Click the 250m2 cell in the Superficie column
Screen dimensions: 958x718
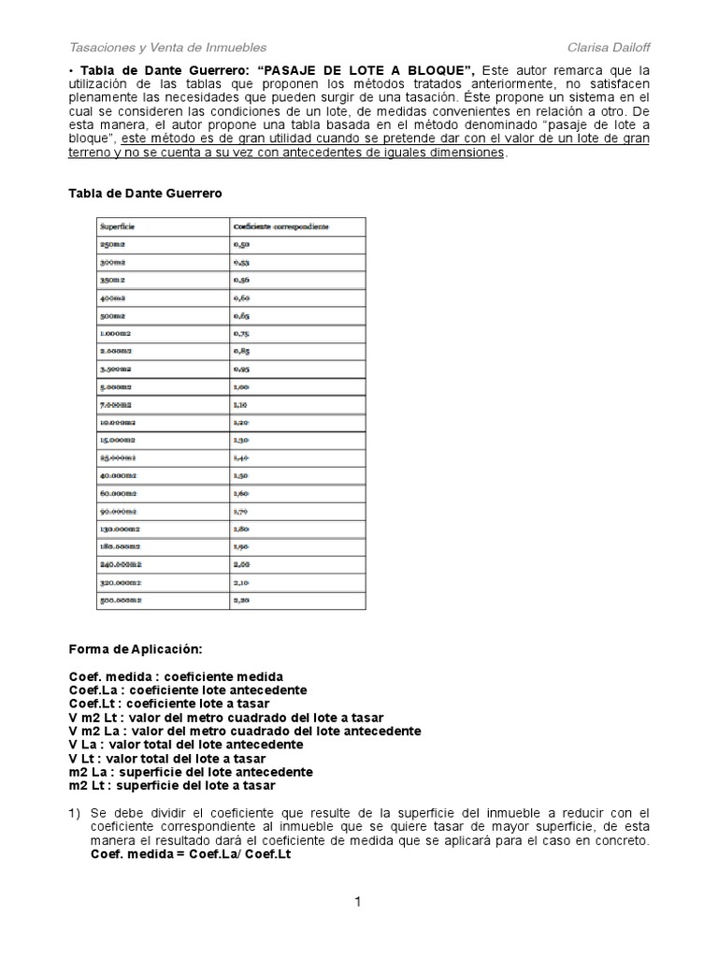(112, 243)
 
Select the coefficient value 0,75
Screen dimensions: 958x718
(242, 333)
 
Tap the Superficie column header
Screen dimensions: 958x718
(118, 225)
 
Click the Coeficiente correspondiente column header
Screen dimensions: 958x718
(285, 225)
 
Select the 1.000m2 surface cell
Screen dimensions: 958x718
(118, 333)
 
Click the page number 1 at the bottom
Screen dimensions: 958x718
(357, 902)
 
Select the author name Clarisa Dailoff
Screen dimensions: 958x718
(608, 47)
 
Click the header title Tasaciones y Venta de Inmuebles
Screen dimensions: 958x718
(168, 47)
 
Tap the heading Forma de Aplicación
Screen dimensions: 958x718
(135, 648)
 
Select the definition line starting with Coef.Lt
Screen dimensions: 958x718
(169, 704)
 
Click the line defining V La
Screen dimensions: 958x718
(185, 745)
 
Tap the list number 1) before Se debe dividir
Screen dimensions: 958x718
(76, 812)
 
